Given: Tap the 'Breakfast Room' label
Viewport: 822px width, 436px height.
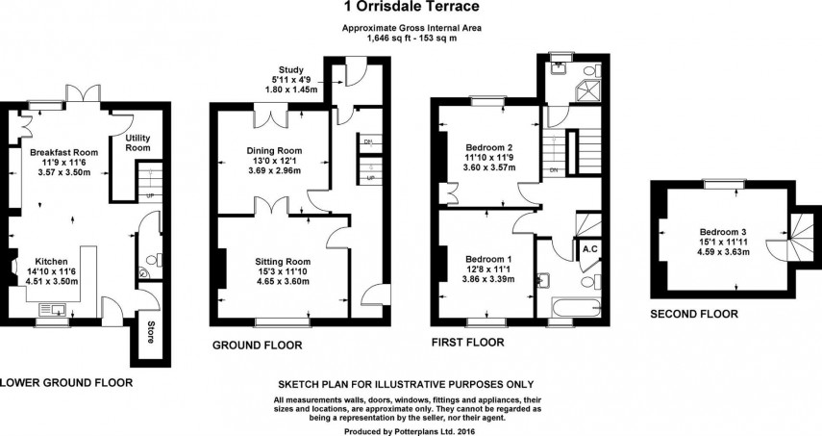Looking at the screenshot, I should point(63,153).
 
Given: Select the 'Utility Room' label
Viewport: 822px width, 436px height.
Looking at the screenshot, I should point(138,143).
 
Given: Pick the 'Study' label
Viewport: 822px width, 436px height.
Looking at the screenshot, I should point(290,70).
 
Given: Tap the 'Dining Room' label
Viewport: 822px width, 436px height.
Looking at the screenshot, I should point(275,151).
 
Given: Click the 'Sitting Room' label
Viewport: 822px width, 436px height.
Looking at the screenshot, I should point(283,261).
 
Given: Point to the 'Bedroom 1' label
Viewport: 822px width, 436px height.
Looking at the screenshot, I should point(488,260).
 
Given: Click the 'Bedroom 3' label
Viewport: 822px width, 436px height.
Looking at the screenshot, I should point(722,231).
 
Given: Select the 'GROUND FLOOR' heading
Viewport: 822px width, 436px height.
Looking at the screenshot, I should point(258,344).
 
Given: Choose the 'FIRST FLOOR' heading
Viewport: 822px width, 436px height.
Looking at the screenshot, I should point(465,343).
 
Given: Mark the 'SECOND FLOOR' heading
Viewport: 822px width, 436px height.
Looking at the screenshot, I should point(693,314).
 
